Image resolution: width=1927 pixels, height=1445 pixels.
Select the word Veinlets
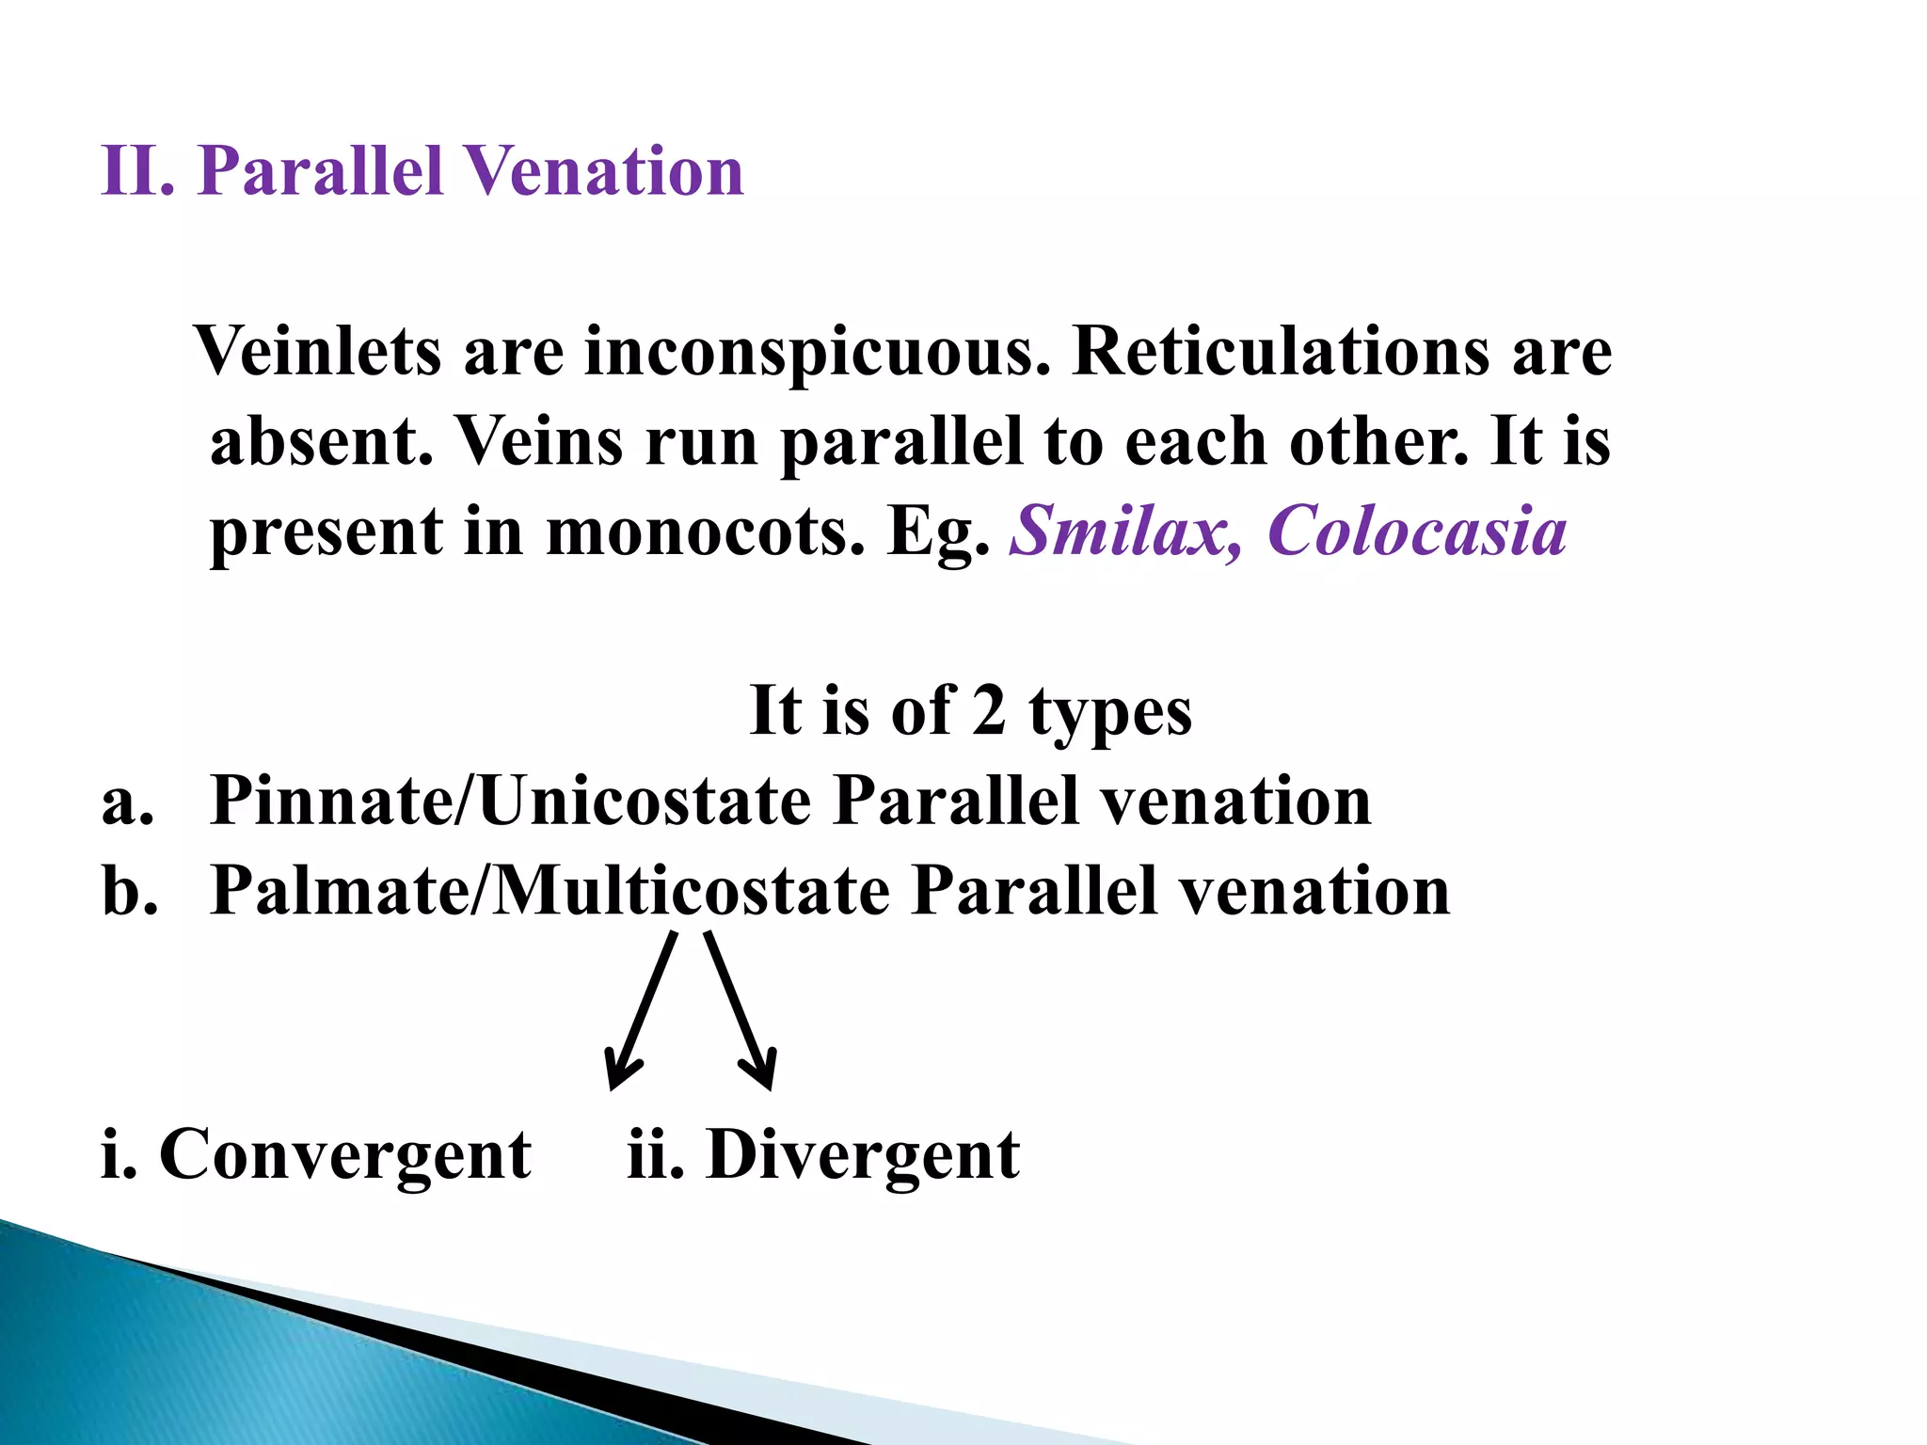click(x=318, y=352)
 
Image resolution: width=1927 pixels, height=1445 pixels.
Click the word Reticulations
click(x=1280, y=352)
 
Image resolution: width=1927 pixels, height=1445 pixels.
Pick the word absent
click(x=321, y=441)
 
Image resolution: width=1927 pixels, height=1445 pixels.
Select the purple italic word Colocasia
click(x=1417, y=532)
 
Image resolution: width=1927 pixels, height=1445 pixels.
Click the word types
click(x=1110, y=713)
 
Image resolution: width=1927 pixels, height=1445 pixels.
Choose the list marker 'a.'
click(x=128, y=802)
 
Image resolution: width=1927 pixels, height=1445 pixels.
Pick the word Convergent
click(x=344, y=1155)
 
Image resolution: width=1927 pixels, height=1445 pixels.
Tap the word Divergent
click(x=862, y=1155)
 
